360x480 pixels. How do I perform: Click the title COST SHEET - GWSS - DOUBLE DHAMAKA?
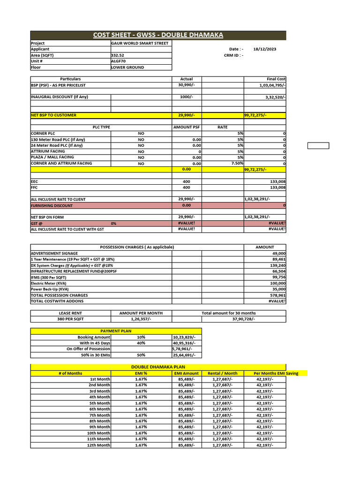(x=158, y=35)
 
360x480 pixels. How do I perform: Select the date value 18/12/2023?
(x=264, y=49)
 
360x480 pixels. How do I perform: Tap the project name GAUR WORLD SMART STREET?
(x=139, y=43)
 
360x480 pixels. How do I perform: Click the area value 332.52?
(x=118, y=55)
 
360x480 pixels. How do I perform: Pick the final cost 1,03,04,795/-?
(x=272, y=85)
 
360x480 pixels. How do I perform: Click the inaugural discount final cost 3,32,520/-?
(x=275, y=97)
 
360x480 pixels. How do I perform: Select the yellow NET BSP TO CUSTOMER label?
(x=53, y=115)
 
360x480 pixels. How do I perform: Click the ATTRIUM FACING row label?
(x=48, y=151)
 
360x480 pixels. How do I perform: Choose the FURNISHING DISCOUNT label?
(x=52, y=205)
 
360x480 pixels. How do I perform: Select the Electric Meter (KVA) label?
(x=49, y=283)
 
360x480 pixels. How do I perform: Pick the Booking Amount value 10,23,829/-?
(x=184, y=337)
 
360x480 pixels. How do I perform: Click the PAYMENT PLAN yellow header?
(x=116, y=331)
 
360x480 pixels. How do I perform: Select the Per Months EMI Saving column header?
(x=276, y=373)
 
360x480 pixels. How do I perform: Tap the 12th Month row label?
(x=100, y=445)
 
